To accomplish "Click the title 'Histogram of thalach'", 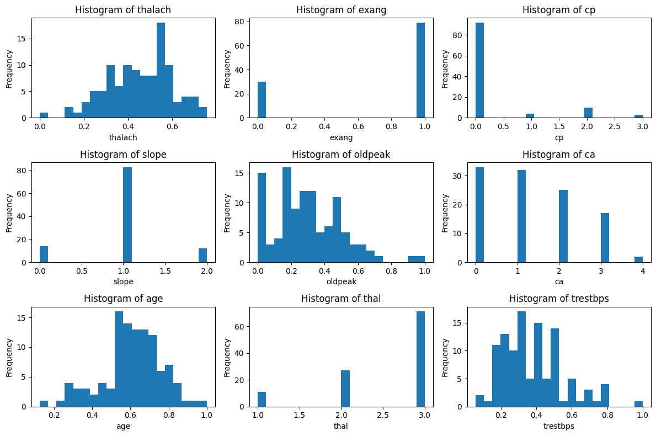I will [123, 10].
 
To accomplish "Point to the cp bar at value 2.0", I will [588, 113].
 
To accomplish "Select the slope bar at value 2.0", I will [202, 256].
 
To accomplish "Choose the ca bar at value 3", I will [605, 238].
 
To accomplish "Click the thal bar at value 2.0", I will [345, 389].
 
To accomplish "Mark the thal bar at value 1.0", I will [262, 399].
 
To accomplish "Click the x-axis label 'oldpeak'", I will [341, 282].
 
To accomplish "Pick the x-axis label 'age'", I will [123, 426].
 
